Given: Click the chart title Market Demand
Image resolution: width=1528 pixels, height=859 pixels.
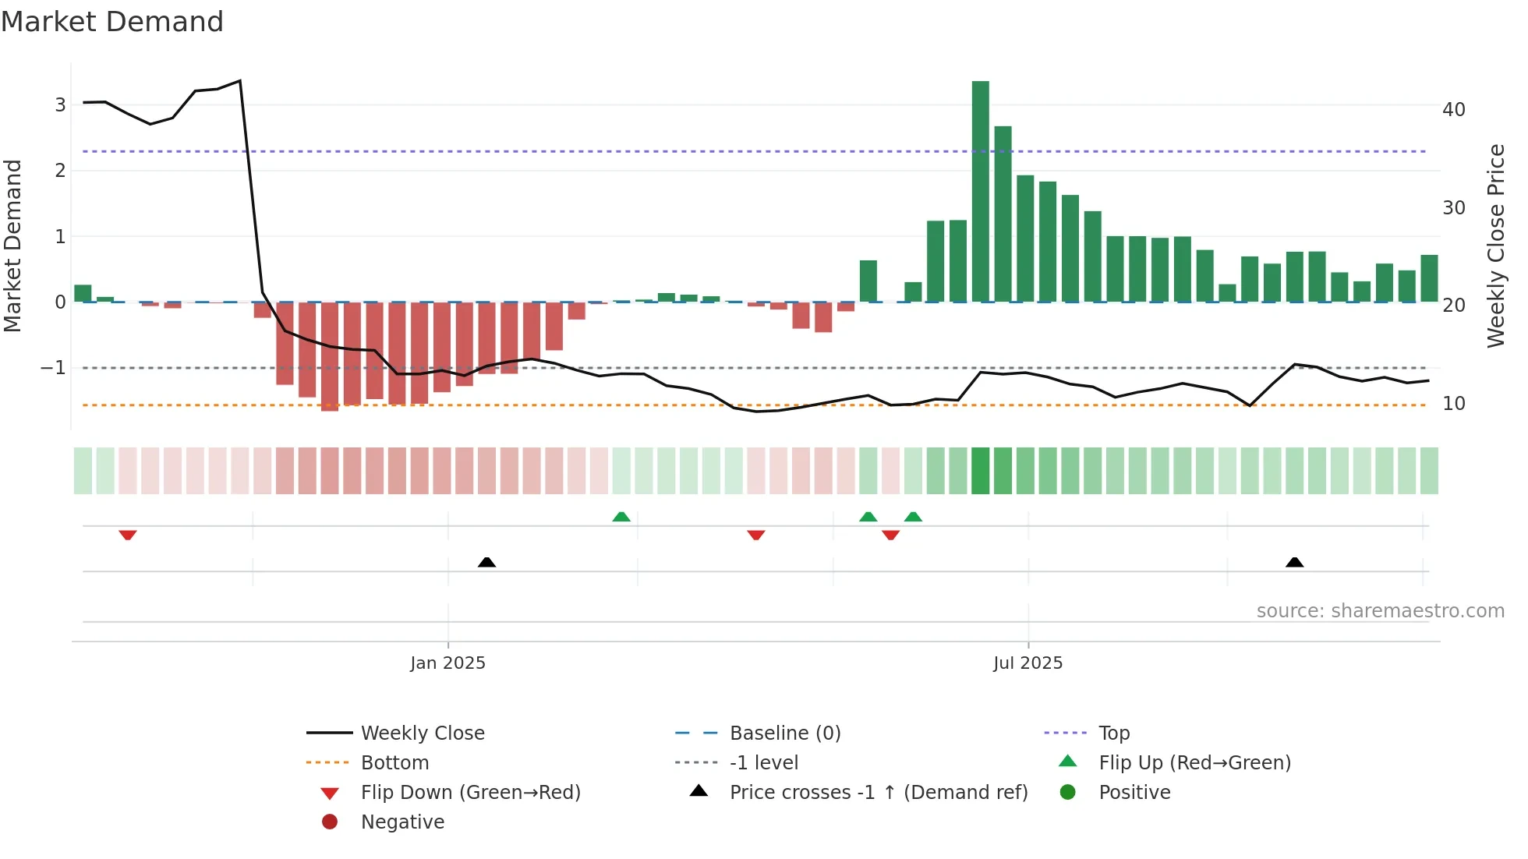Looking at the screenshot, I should click(x=112, y=22).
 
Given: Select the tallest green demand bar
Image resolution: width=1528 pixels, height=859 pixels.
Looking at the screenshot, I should click(x=980, y=191).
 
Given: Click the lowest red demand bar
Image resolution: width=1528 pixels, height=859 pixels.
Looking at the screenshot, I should click(x=330, y=356).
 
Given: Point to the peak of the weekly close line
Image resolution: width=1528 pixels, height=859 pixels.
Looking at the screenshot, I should click(x=239, y=81).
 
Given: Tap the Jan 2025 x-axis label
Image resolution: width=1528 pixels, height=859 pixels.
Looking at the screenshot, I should click(x=447, y=663).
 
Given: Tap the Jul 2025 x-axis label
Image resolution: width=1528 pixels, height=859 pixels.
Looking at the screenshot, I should click(x=1028, y=663).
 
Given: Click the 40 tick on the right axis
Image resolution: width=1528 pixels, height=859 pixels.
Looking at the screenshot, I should click(x=1453, y=110).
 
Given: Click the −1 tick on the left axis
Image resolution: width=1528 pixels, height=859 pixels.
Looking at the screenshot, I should click(x=53, y=368).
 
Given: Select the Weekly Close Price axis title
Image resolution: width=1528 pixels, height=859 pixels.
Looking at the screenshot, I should click(x=1495, y=246).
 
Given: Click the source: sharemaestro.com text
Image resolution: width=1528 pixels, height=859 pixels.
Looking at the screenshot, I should click(x=1380, y=611).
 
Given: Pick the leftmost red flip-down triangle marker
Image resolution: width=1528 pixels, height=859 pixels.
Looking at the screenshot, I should click(x=128, y=535).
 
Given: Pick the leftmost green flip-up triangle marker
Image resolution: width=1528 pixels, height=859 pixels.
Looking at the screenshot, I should click(x=621, y=517).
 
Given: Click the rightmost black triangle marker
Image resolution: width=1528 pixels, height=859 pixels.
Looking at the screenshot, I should click(x=1294, y=562).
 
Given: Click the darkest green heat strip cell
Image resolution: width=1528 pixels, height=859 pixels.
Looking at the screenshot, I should click(x=980, y=471).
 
